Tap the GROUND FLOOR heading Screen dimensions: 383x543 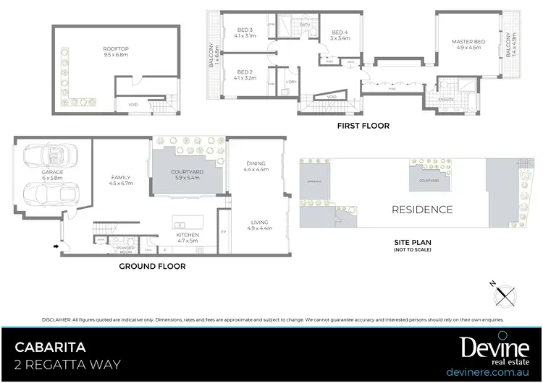point(152,266)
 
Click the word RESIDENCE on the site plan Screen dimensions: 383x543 point(422,210)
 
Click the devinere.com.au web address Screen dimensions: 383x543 point(491,372)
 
